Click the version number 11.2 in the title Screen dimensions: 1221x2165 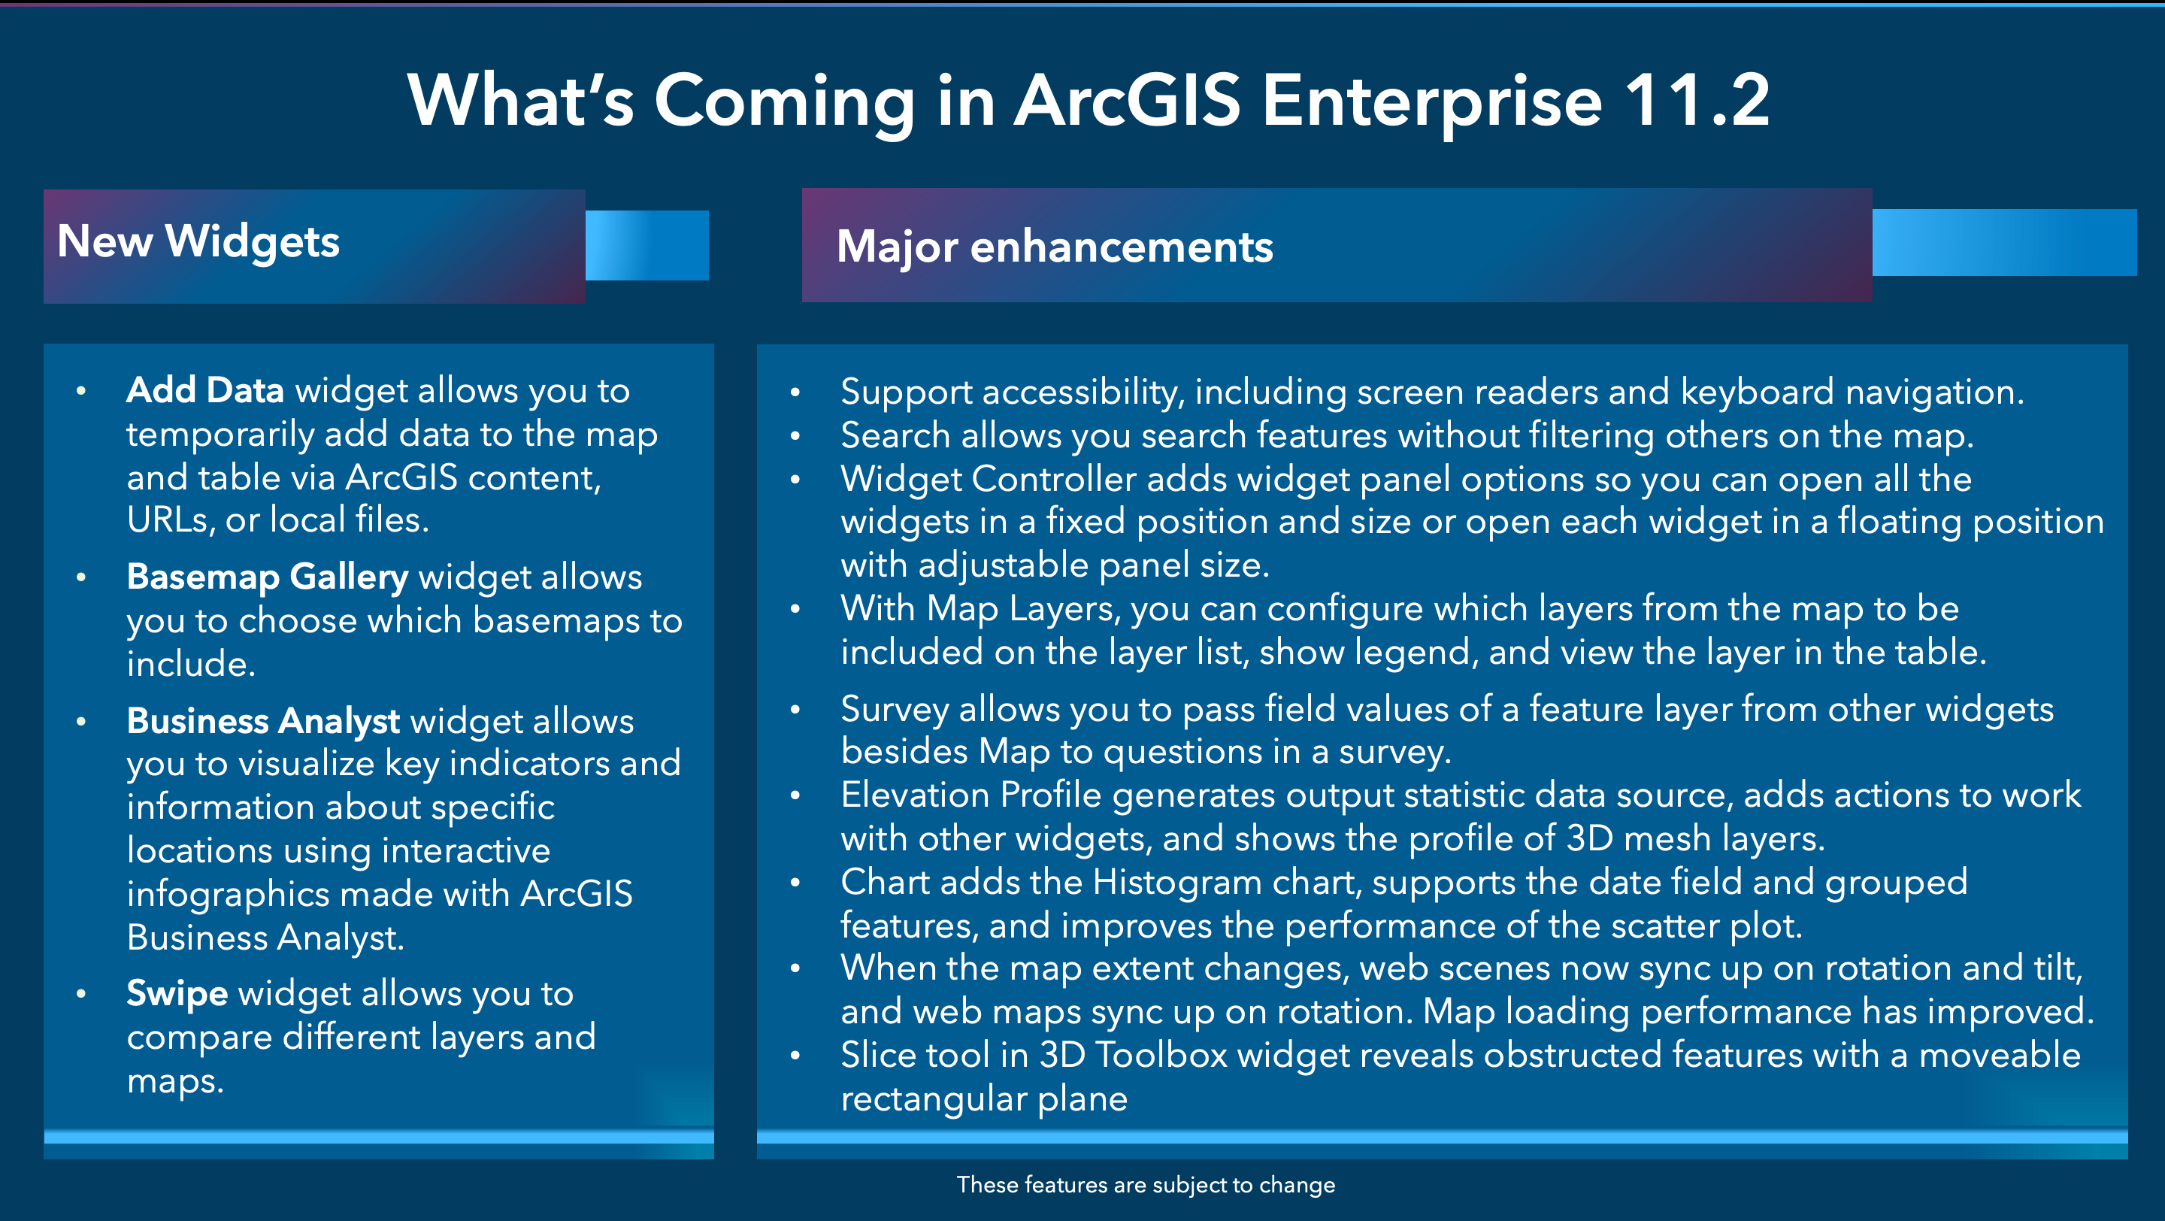(1696, 101)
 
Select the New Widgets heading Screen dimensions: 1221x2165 (198, 242)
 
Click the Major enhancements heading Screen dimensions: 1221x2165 (1055, 247)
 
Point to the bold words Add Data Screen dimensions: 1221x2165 (205, 391)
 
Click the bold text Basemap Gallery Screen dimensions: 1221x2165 (268, 577)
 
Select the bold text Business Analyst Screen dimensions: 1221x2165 (263, 721)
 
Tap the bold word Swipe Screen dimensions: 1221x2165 (177, 994)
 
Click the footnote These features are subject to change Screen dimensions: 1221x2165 (1146, 1185)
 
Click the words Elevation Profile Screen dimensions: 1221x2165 (970, 795)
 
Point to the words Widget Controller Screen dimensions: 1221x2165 (989, 479)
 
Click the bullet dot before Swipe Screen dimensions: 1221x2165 (81, 994)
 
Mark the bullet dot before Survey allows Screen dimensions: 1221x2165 (795, 710)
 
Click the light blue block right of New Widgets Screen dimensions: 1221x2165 (646, 245)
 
